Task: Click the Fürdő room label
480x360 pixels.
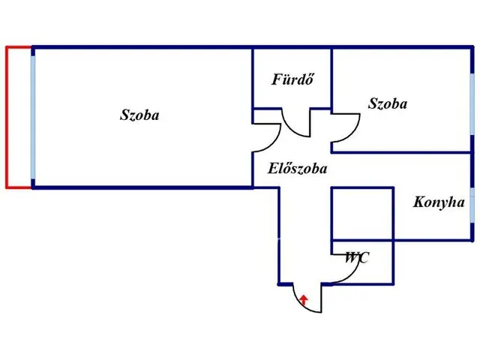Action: [292, 79]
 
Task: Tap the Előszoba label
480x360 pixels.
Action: [297, 168]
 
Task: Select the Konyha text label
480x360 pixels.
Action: [439, 202]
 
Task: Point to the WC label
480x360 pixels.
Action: [357, 257]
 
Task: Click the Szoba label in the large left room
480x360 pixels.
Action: [139, 115]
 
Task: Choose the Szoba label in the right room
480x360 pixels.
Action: [388, 103]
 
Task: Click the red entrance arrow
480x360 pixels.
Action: [303, 300]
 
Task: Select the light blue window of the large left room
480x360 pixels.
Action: [33, 117]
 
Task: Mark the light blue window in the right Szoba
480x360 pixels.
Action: [472, 103]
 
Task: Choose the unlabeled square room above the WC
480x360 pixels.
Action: [363, 214]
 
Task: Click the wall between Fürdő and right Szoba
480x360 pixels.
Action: [331, 79]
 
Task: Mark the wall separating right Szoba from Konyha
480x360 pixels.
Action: [402, 152]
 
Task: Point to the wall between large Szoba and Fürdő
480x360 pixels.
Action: [253, 78]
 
